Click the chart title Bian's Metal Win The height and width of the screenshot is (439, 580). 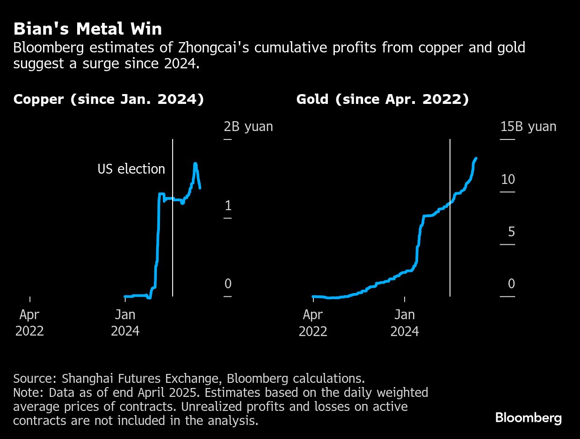(87, 29)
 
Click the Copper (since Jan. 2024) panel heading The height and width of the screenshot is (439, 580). (109, 100)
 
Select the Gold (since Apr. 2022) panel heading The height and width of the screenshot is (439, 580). (382, 100)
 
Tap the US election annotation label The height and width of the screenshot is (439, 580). (131, 169)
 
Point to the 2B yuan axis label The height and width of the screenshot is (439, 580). (248, 126)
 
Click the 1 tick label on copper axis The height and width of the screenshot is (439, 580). (228, 205)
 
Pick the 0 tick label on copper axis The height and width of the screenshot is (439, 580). (228, 284)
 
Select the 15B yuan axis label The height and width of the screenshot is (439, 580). (528, 126)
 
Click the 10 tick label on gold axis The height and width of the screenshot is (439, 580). (507, 179)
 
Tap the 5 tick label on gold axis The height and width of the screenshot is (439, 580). (511, 232)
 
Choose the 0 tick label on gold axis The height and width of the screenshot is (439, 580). (511, 284)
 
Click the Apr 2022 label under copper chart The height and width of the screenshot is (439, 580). (29, 323)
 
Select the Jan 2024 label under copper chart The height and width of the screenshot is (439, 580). (125, 323)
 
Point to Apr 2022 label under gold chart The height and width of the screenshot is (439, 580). (313, 323)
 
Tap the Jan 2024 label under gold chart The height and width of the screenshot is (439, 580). (405, 323)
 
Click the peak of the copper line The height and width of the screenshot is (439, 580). (195, 163)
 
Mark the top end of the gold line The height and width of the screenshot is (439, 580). (476, 159)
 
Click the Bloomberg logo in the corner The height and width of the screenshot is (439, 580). (528, 417)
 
